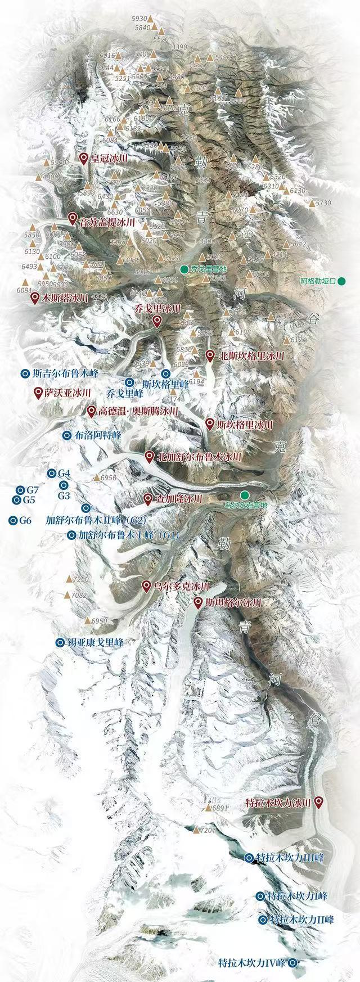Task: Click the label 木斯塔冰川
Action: click(66, 298)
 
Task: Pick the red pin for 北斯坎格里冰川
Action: click(210, 355)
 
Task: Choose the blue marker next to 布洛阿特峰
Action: click(66, 435)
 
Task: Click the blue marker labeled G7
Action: click(21, 490)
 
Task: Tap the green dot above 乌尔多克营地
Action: click(244, 494)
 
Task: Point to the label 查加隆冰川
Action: click(179, 498)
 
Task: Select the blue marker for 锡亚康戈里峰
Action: click(60, 642)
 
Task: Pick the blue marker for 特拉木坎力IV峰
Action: click(293, 962)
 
